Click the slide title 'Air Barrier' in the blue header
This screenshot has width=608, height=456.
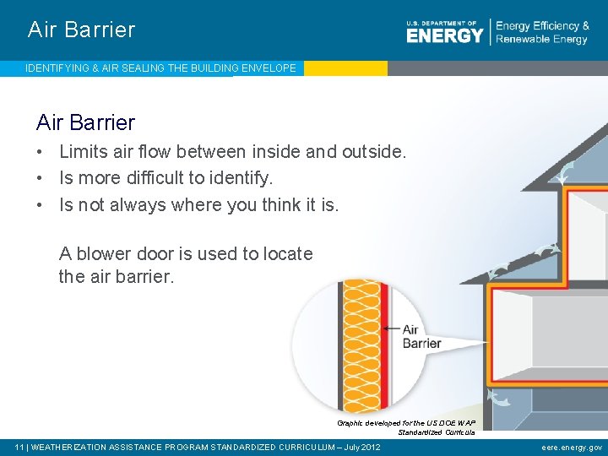tap(81, 30)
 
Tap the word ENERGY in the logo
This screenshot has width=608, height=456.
tap(444, 35)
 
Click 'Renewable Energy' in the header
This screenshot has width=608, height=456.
tap(541, 40)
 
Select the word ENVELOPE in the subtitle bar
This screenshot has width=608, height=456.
tap(268, 68)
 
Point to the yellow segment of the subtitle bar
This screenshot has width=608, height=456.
tap(345, 68)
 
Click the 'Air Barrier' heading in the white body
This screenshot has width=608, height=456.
tap(85, 122)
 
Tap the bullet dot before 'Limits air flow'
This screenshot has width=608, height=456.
tap(41, 153)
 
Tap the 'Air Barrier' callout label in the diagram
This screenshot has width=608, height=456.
tap(421, 336)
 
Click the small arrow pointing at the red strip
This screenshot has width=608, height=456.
tap(391, 329)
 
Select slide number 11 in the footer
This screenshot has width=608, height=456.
tap(19, 447)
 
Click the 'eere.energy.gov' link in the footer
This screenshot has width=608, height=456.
tap(572, 447)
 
